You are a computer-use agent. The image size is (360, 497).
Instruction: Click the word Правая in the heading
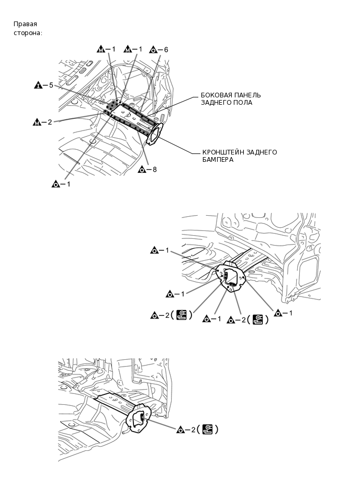(25, 24)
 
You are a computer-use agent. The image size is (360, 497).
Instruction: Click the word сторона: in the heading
(28, 32)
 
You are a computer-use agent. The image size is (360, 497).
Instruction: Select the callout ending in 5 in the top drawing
(44, 85)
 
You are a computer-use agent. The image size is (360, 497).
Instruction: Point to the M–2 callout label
(42, 123)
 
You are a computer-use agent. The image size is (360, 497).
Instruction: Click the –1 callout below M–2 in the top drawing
(61, 184)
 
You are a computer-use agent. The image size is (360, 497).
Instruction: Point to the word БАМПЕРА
(218, 160)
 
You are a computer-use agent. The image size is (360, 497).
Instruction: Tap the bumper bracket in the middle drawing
(233, 276)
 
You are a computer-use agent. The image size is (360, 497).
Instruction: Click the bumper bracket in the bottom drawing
(139, 420)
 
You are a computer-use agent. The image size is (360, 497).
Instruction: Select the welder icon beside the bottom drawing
(208, 429)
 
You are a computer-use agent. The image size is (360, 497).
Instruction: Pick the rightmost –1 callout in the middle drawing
(283, 313)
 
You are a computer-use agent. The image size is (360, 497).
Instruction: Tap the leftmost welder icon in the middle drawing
(182, 315)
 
